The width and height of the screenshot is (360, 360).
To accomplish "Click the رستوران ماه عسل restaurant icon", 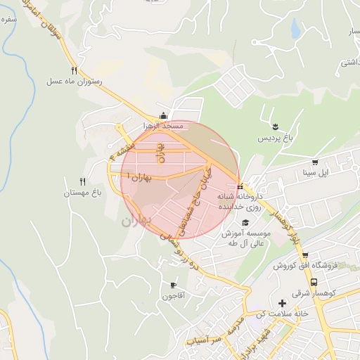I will tap(74, 70).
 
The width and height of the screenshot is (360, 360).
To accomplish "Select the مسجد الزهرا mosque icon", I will tap(163, 116).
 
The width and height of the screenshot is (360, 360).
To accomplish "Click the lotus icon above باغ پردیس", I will tap(276, 127).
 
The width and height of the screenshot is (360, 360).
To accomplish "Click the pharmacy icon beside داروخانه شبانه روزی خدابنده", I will tap(240, 187).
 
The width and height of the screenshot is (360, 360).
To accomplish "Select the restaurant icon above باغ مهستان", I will tap(82, 181).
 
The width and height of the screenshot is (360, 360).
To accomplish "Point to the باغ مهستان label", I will tap(82, 193).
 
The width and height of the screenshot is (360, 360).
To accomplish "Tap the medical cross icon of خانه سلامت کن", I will tap(282, 302).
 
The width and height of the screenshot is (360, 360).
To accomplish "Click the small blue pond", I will tap(295, 28).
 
